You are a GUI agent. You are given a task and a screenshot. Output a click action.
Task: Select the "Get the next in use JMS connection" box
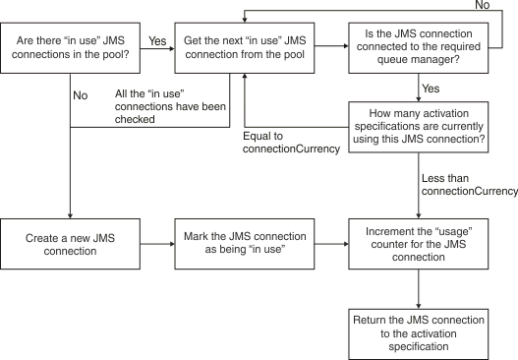(245, 45)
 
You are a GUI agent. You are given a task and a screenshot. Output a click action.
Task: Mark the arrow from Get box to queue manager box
(331, 45)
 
